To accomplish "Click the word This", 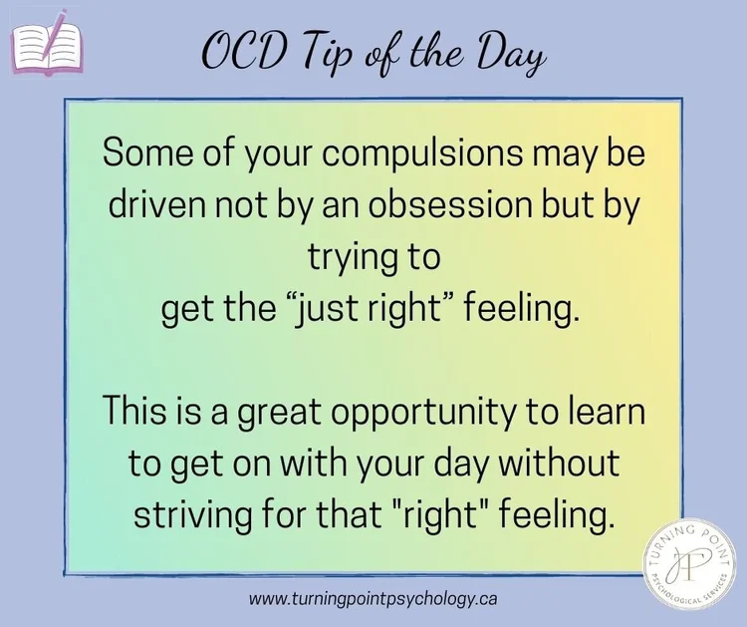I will pyautogui.click(x=135, y=412).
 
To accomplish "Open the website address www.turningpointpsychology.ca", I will pyautogui.click(x=373, y=600).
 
